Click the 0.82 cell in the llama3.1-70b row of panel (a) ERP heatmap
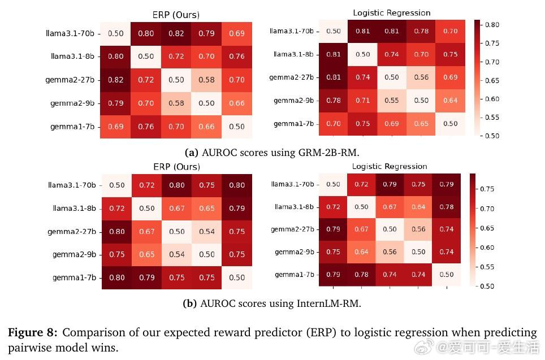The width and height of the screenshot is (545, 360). pyautogui.click(x=176, y=33)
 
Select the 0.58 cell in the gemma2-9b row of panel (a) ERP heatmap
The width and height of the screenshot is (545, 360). pyautogui.click(x=176, y=103)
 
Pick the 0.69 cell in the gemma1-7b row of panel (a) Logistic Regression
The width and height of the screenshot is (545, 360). pyautogui.click(x=391, y=123)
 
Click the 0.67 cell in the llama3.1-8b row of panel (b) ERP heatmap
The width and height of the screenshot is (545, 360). pyautogui.click(x=177, y=208)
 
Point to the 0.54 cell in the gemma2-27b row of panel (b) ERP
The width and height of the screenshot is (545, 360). pyautogui.click(x=207, y=231)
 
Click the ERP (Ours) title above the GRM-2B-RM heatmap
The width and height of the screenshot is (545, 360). pyautogui.click(x=176, y=15)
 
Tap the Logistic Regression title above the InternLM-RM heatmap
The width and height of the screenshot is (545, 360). pyautogui.click(x=390, y=166)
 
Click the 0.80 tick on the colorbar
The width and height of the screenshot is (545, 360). pyautogui.click(x=492, y=25)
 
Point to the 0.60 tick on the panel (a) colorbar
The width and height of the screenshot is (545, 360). pyautogui.click(x=492, y=99)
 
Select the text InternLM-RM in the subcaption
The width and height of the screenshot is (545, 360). pyautogui.click(x=328, y=303)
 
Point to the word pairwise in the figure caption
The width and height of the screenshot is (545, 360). pyautogui.click(x=29, y=347)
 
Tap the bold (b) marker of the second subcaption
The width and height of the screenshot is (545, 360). pyautogui.click(x=190, y=303)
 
